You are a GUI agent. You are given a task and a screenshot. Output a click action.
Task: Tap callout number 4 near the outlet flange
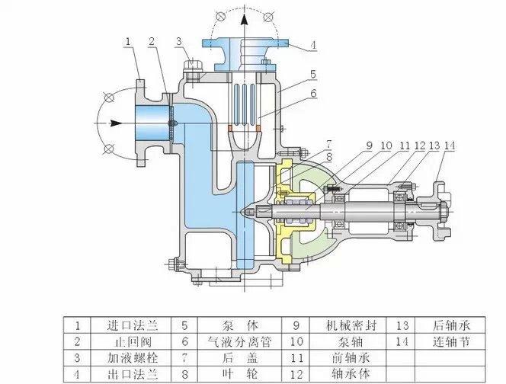click(x=312, y=46)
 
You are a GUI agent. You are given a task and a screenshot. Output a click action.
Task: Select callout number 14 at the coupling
click(x=450, y=146)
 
